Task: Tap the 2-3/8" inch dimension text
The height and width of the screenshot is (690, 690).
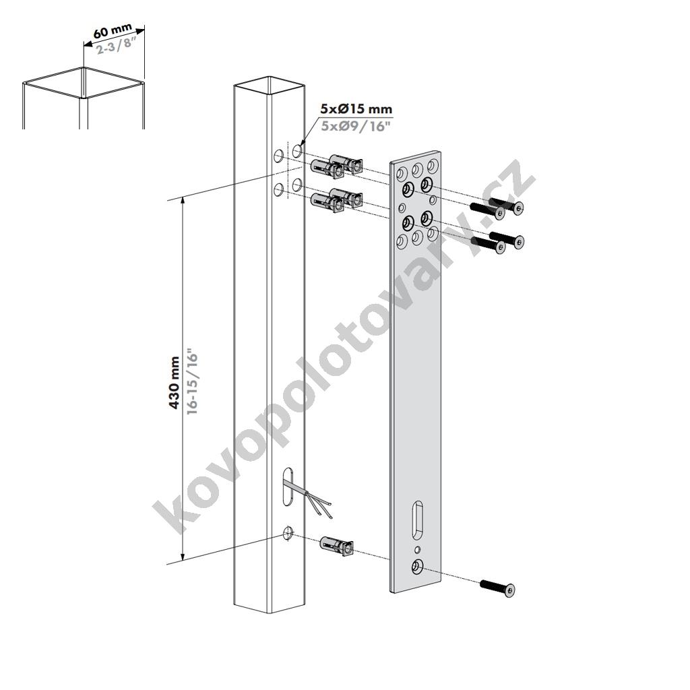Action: click(x=115, y=45)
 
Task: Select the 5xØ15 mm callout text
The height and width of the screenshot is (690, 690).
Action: click(x=356, y=108)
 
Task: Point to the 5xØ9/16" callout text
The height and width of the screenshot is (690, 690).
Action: click(x=356, y=126)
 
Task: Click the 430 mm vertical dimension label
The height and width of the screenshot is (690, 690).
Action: click(x=175, y=383)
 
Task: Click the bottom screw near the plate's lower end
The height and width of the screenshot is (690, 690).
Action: click(x=497, y=588)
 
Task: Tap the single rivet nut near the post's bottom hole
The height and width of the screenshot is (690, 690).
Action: click(x=337, y=546)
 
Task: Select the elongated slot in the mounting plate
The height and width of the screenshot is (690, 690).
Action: click(x=417, y=519)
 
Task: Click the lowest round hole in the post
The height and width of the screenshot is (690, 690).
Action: click(x=288, y=534)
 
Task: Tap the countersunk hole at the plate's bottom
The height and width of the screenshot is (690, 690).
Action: click(x=416, y=567)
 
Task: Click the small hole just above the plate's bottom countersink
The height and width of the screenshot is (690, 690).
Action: click(x=418, y=549)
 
